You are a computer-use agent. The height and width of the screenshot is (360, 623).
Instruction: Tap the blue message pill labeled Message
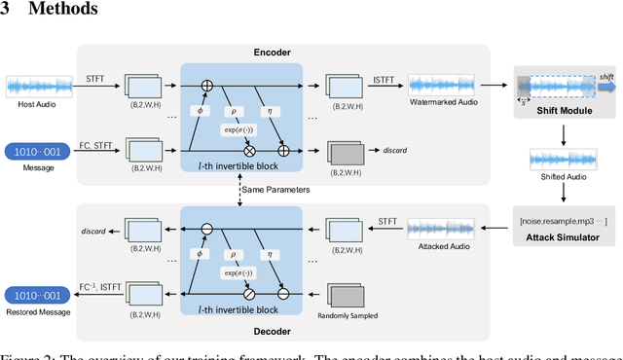pyautogui.click(x=36, y=152)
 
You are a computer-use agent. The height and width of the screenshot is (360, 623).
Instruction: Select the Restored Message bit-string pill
pyautogui.click(x=36, y=295)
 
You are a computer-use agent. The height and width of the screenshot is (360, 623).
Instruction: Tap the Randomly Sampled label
pyautogui.click(x=353, y=316)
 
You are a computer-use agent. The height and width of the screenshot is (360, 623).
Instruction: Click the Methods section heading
pyautogui.click(x=57, y=10)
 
